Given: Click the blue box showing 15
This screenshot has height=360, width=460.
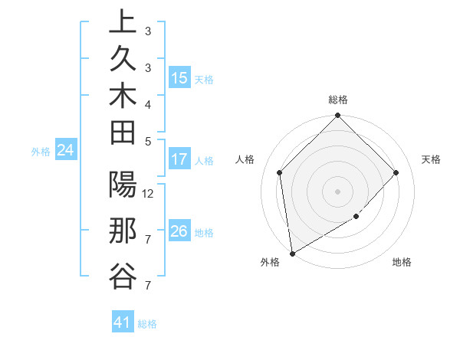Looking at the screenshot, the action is pos(179,78).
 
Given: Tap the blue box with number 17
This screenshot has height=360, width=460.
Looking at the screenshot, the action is pos(179,160).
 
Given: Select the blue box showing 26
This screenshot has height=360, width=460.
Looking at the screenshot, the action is pos(179,231).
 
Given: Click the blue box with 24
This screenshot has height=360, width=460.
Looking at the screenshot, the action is pos(66,150).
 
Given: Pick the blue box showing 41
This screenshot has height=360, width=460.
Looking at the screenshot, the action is pos(123,322).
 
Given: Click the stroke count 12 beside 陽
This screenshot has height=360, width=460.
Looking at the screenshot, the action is pos(149,193).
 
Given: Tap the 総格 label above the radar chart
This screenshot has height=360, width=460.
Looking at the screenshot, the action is pos(338,100).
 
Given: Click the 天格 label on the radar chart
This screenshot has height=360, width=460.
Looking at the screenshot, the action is pos(432,159).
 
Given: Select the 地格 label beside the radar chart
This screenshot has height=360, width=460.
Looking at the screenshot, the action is pos(402,262).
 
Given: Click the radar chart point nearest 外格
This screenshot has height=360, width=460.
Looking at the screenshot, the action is pos(292,254).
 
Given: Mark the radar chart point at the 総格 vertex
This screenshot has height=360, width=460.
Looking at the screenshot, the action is pos(338,116).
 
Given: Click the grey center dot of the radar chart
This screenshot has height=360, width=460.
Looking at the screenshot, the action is pos(338,191).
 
